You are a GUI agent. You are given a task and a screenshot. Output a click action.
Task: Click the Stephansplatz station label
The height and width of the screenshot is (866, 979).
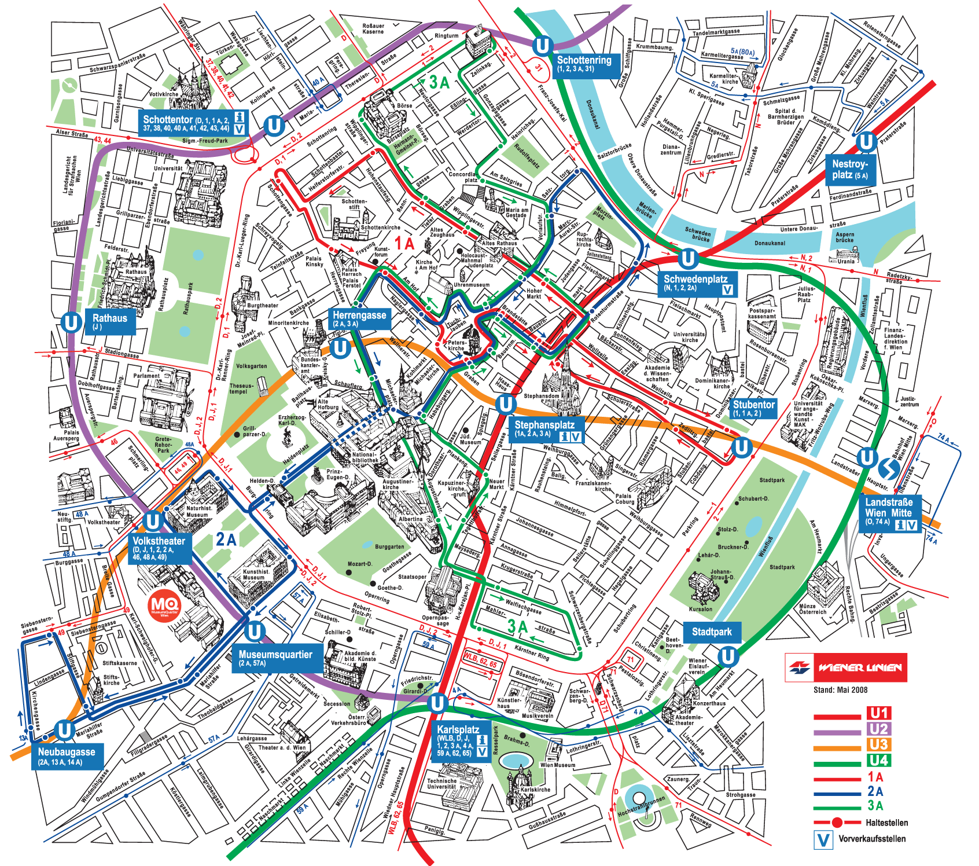click(545, 429)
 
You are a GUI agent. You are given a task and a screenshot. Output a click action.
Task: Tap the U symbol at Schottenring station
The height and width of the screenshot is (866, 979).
click(542, 46)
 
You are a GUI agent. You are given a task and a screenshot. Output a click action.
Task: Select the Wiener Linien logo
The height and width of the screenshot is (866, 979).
click(845, 667)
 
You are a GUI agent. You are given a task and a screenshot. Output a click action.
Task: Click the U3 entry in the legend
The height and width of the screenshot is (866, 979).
click(878, 744)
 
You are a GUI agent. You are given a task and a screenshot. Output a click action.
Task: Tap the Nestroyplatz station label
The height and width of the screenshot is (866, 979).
click(849, 169)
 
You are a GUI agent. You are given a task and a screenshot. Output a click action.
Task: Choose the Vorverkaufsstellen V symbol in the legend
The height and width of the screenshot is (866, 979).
click(822, 839)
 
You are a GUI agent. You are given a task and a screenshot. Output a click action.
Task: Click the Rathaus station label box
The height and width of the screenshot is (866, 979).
click(110, 321)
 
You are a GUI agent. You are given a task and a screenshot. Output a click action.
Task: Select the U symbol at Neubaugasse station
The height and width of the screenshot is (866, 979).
click(64, 731)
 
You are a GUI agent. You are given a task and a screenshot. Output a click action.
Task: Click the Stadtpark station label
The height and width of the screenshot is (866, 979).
click(712, 632)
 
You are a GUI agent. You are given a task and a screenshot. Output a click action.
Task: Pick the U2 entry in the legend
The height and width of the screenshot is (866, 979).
click(878, 729)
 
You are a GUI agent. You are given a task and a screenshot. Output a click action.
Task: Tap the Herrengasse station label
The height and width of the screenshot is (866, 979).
click(359, 318)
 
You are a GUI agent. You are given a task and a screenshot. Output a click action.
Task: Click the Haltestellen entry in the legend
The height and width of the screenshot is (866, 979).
click(886, 823)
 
